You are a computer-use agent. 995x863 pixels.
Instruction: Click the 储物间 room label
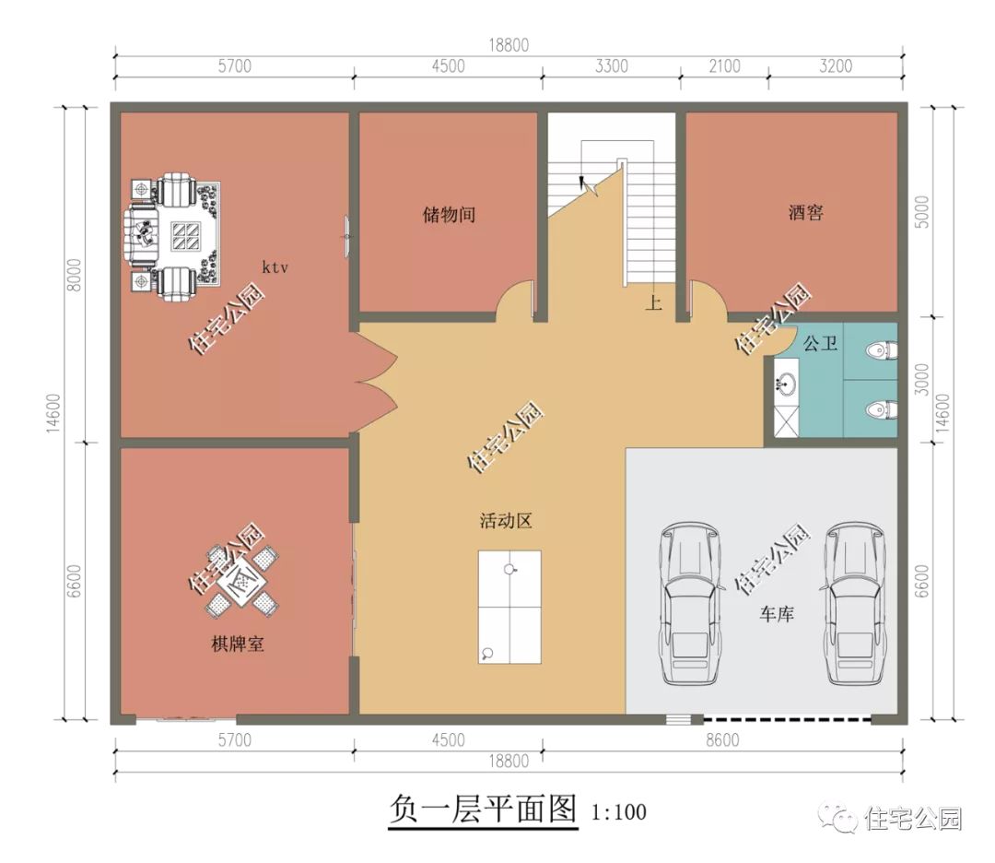point(449,215)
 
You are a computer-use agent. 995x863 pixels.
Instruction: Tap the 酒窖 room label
point(805,213)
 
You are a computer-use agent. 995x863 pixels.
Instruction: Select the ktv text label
point(275,267)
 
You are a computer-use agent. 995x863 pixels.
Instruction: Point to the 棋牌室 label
point(238,644)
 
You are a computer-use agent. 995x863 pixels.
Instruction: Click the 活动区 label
point(506,521)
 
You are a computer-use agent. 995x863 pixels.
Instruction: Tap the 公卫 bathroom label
point(820,344)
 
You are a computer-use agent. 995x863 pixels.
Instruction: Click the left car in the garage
point(687,604)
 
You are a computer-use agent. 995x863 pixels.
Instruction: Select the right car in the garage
point(855,604)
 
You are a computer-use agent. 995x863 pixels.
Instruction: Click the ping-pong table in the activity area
point(509,607)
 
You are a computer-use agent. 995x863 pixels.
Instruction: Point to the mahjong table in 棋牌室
point(241,581)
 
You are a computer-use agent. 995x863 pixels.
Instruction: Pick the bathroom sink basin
point(786,384)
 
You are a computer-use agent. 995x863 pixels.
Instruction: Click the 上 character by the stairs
point(653,302)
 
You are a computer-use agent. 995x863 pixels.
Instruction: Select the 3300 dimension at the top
point(611,65)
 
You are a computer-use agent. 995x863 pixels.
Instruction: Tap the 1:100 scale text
point(618,812)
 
